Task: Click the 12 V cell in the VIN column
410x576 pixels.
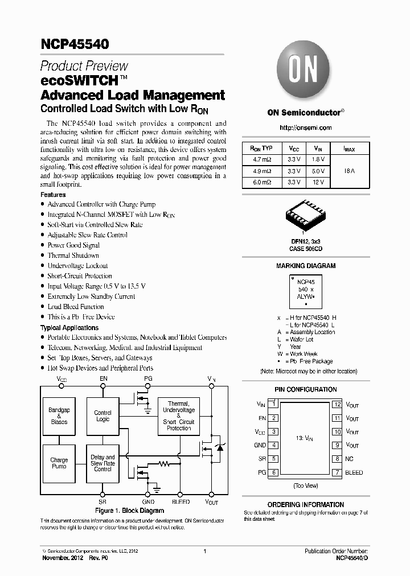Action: pyautogui.click(x=319, y=182)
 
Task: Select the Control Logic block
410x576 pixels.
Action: pyautogui.click(x=102, y=416)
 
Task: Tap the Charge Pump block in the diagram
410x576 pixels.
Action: pyautogui.click(x=59, y=463)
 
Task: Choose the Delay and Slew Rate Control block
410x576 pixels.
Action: pyautogui.click(x=102, y=463)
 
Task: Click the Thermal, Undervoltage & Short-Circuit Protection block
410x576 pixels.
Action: pyautogui.click(x=179, y=415)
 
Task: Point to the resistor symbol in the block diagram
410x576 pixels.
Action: pyautogui.click(x=165, y=464)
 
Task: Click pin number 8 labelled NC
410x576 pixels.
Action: pyautogui.click(x=337, y=459)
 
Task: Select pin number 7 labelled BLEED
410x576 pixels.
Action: pyautogui.click(x=337, y=472)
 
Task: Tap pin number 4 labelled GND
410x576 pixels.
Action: pyautogui.click(x=274, y=445)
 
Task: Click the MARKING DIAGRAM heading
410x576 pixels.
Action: pyautogui.click(x=306, y=266)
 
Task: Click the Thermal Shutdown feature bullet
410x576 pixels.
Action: pyautogui.click(x=73, y=256)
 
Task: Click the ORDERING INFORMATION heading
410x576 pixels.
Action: pyautogui.click(x=306, y=505)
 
